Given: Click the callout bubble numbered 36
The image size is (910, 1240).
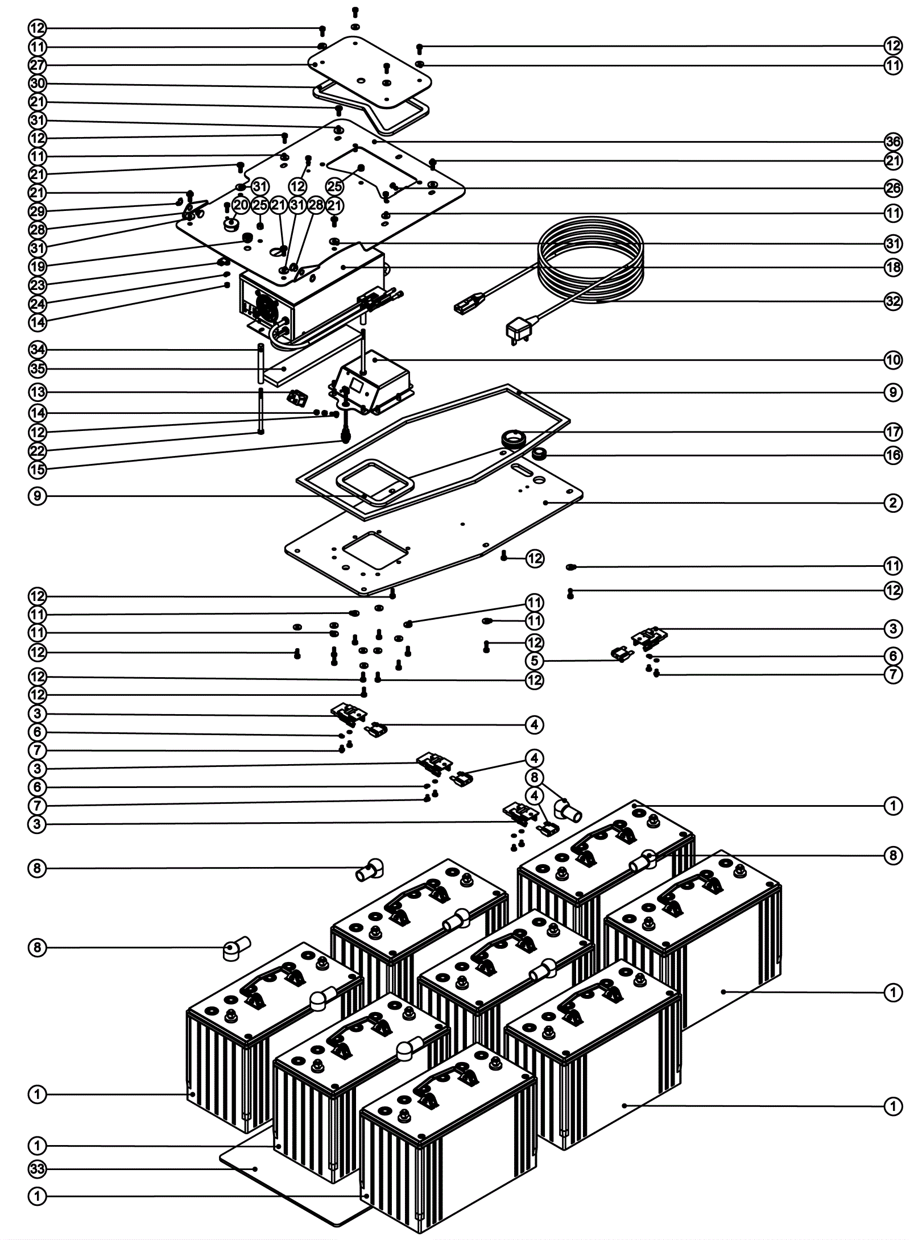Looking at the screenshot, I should point(893,142).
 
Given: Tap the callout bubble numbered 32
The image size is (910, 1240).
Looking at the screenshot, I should point(893,301).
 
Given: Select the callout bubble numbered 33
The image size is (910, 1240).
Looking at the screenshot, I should point(38,1169).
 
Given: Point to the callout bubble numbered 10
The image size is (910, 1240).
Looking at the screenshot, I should point(893,359).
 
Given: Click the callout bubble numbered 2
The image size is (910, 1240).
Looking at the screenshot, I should point(893,503).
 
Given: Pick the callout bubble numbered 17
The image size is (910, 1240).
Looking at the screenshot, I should point(893,432).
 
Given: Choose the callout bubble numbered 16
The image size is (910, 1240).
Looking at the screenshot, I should point(893,455).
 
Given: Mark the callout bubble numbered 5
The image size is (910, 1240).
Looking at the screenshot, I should point(535,661).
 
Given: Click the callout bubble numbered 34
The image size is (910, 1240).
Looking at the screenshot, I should point(38,349).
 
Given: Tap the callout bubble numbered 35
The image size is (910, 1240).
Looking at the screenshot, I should point(38,369).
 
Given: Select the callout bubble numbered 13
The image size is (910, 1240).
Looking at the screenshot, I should point(38,392).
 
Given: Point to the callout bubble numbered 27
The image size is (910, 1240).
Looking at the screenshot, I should point(38,64).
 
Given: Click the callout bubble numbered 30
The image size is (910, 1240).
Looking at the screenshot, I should point(38,84).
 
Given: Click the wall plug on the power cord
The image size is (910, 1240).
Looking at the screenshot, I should point(517,330).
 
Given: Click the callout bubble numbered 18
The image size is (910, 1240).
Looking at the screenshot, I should point(893,267).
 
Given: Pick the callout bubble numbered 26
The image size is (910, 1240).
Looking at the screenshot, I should point(893,188).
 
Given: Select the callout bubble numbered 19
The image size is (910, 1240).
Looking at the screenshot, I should point(38,266).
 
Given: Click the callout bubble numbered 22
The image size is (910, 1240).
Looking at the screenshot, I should point(38,451).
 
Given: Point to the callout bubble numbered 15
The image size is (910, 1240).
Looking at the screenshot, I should point(38,470).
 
